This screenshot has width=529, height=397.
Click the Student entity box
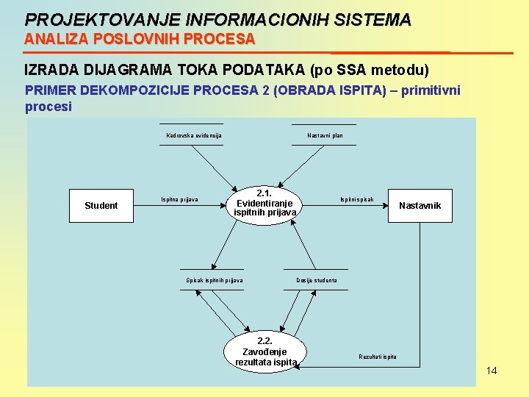[101, 206]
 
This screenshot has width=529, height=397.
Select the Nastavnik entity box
[420, 206]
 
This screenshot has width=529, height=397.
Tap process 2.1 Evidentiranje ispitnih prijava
[264, 204]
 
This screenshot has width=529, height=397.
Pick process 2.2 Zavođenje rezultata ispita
[265, 352]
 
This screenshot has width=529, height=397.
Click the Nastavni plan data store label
[325, 135]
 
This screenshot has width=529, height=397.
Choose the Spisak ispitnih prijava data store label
[215, 280]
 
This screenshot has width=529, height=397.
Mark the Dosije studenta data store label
[317, 280]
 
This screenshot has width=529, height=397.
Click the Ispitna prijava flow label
[180, 199]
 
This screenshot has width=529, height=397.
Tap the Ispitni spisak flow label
[357, 199]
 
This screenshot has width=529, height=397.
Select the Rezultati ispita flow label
[378, 357]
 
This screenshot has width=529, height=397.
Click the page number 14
[492, 371]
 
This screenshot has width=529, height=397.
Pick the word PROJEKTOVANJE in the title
[82, 20]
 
